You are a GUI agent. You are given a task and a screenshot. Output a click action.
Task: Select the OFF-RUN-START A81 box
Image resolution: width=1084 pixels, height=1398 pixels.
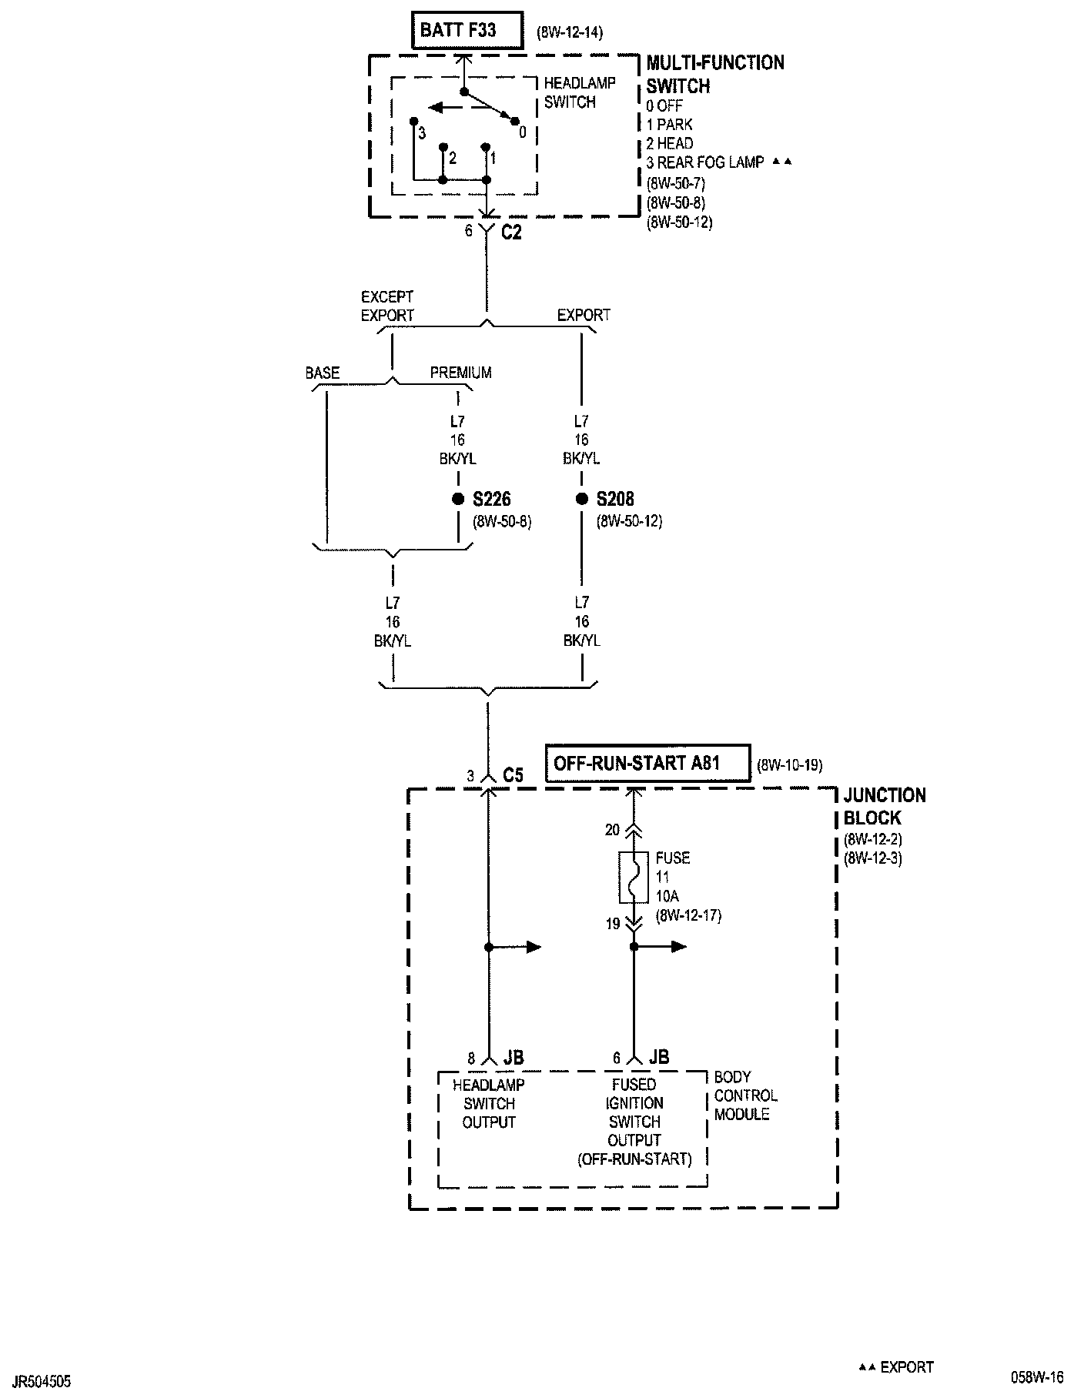(647, 764)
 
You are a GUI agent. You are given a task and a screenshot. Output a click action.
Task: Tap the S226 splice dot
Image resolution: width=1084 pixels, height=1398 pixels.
(458, 499)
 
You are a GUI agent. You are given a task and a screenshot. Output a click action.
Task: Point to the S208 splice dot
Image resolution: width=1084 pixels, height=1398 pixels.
(582, 499)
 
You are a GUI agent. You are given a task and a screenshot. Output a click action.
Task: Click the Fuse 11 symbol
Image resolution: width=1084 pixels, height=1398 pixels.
(634, 877)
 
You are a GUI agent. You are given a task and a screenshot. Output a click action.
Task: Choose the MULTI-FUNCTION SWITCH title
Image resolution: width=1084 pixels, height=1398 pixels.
(715, 74)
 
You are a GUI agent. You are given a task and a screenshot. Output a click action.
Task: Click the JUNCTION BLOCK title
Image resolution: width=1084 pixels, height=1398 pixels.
(885, 806)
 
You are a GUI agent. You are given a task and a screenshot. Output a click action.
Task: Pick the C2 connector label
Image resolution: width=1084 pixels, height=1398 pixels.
(511, 232)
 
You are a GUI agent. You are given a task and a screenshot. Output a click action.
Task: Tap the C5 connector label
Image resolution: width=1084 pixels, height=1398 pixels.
(513, 775)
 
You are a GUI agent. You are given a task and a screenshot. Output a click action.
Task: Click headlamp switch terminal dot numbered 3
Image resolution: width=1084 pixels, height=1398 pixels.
(413, 121)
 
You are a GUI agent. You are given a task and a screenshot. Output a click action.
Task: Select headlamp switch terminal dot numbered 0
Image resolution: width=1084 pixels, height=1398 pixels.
(512, 119)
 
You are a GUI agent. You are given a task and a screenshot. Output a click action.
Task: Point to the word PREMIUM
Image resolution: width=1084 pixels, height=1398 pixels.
(460, 373)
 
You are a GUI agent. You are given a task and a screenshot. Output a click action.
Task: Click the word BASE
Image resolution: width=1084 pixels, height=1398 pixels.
(323, 373)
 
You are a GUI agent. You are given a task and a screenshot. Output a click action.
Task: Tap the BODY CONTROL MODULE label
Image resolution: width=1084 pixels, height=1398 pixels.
(745, 1095)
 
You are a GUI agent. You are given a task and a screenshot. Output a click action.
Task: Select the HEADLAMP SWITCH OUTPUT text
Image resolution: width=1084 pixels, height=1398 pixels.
(489, 1103)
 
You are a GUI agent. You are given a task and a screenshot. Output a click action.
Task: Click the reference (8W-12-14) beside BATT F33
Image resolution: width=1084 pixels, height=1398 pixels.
(569, 32)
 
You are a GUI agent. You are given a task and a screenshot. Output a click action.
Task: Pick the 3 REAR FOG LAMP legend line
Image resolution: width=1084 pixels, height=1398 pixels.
(705, 162)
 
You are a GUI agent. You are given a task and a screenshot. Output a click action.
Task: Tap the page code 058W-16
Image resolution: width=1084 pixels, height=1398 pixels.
(1038, 1376)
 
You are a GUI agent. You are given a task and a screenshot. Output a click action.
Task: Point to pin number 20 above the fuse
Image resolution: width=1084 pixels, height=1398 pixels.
(613, 830)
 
